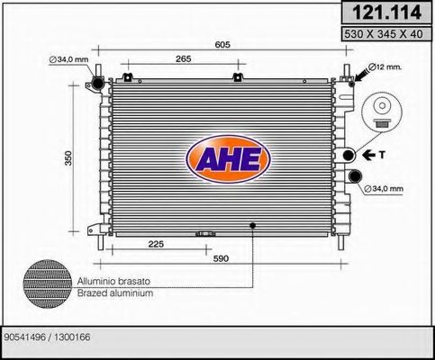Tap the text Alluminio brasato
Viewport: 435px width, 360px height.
[x=115, y=281]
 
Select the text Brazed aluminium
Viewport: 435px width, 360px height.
[x=115, y=293]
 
